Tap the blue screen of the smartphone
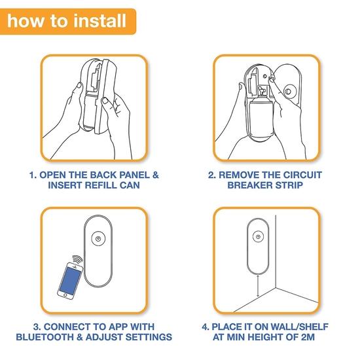click(x=70, y=281)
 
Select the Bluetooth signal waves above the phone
click(x=78, y=260)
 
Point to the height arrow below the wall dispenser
click(x=258, y=286)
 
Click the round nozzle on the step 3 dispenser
click(x=98, y=239)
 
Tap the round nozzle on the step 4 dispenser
click(x=258, y=237)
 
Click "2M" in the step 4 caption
click(x=308, y=337)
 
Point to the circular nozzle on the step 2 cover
click(x=288, y=92)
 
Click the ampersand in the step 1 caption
click(x=155, y=175)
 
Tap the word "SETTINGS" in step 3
click(x=149, y=337)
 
